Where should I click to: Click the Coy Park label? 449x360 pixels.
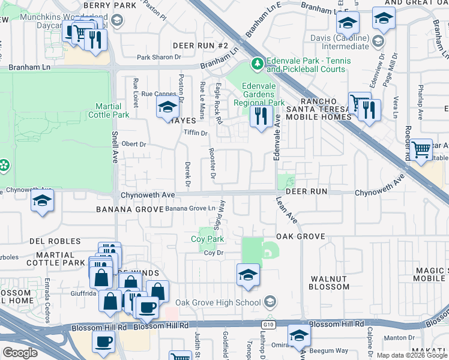click(208, 239)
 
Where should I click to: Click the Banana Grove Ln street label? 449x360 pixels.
click(190, 208)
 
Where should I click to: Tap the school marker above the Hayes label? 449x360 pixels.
click(168, 109)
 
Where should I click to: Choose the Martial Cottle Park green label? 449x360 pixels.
click(109, 110)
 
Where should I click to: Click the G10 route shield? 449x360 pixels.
click(267, 324)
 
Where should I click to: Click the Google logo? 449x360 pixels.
click(20, 353)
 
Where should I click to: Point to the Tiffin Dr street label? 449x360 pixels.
click(195, 133)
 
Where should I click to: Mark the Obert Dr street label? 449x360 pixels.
click(134, 145)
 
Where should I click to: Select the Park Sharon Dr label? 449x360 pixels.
click(158, 58)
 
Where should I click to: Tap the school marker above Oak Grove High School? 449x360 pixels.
click(247, 274)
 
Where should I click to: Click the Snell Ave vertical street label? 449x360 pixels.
click(116, 148)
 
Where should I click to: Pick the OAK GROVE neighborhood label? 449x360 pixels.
click(301, 237)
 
